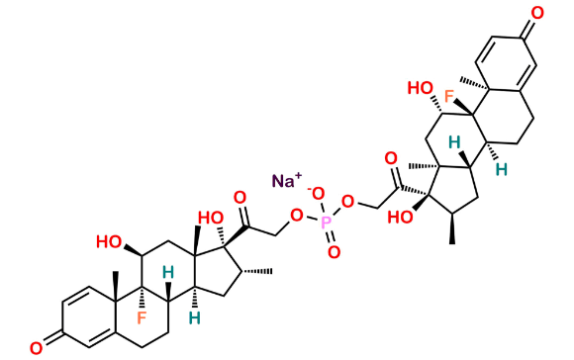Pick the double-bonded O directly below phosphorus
334,254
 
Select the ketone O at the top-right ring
537,13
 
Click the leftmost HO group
108,239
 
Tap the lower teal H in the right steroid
502,170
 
